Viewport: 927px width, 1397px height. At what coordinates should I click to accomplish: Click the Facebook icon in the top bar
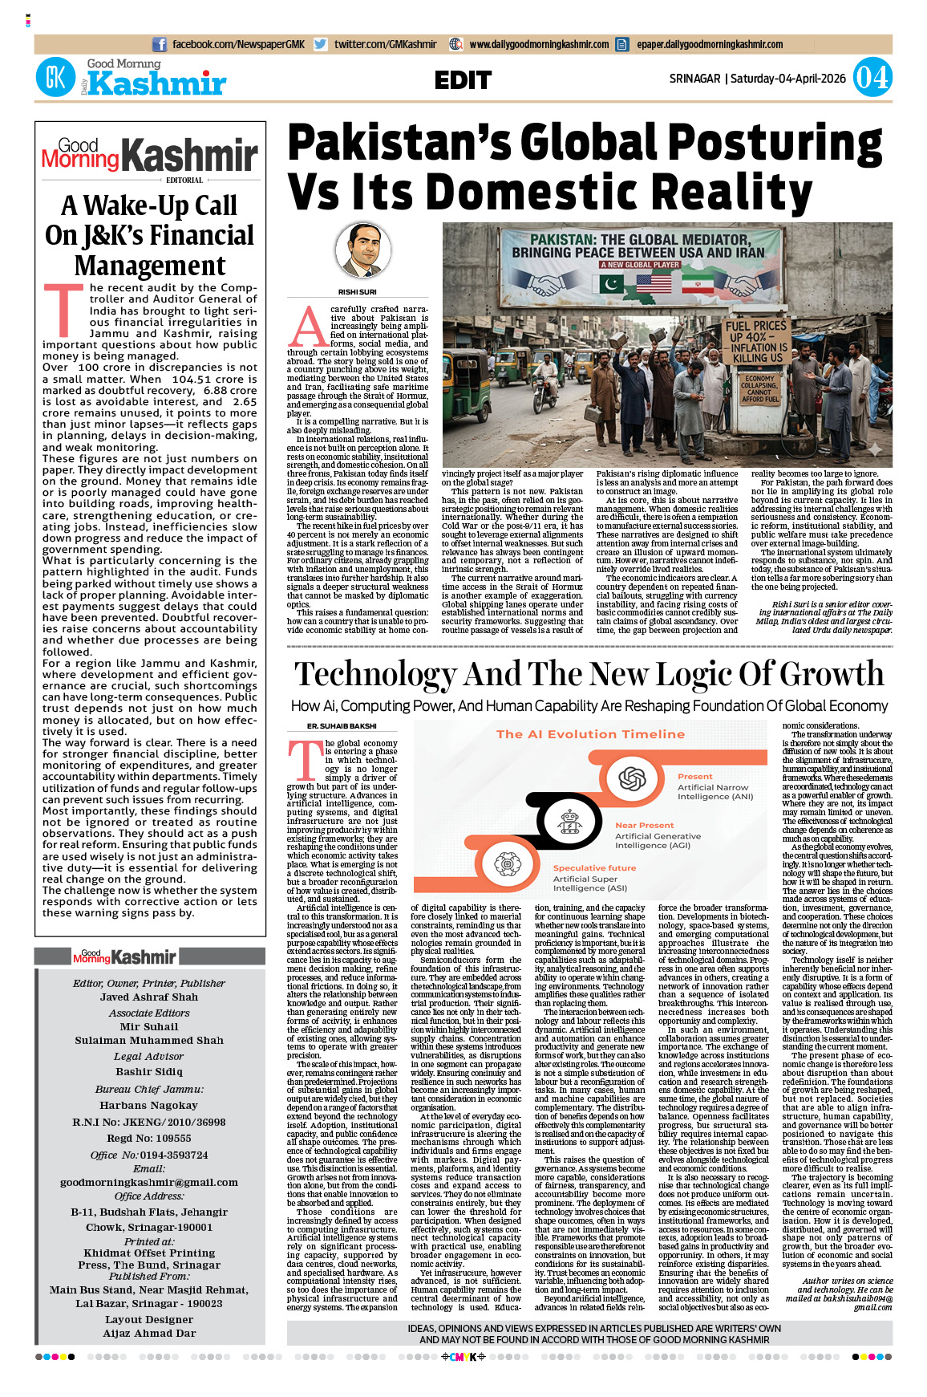[x=160, y=45]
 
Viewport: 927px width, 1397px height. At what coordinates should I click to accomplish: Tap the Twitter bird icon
[x=321, y=45]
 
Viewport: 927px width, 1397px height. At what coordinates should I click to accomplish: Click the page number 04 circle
[x=872, y=78]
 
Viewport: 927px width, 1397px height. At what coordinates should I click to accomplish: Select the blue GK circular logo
[x=55, y=78]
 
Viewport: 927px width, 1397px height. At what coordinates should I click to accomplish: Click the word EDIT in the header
[x=463, y=80]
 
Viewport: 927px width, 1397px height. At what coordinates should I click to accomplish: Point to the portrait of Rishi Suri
[x=362, y=251]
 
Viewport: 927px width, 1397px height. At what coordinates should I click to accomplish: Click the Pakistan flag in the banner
[x=611, y=285]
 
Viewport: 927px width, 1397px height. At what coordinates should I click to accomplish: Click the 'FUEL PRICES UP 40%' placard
[x=755, y=341]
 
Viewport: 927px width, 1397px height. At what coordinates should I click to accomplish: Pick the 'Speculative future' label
[x=594, y=867]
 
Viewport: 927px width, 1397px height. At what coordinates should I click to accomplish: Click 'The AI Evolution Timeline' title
[x=590, y=734]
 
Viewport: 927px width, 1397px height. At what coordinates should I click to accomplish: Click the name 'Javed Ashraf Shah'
[x=149, y=997]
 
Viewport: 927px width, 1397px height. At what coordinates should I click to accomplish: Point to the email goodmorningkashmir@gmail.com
[x=149, y=1182]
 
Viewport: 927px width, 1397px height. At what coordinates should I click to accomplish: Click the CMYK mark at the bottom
[x=463, y=1357]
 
